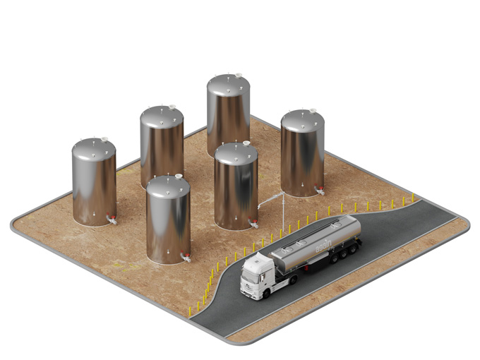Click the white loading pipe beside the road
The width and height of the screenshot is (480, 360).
coord(282,212)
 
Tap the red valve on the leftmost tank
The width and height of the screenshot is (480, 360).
coord(109,220)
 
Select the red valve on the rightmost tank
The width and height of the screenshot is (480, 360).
coord(319,189)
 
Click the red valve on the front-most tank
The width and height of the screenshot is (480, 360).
coord(184,256)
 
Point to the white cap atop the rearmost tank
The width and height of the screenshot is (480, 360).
coord(238,75)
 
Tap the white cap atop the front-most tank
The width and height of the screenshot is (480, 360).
coord(179,176)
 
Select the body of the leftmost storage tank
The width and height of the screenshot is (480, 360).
coord(93,185)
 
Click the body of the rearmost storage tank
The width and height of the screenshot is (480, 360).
coord(228,116)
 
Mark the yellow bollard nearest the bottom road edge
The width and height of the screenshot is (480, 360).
coord(189,311)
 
